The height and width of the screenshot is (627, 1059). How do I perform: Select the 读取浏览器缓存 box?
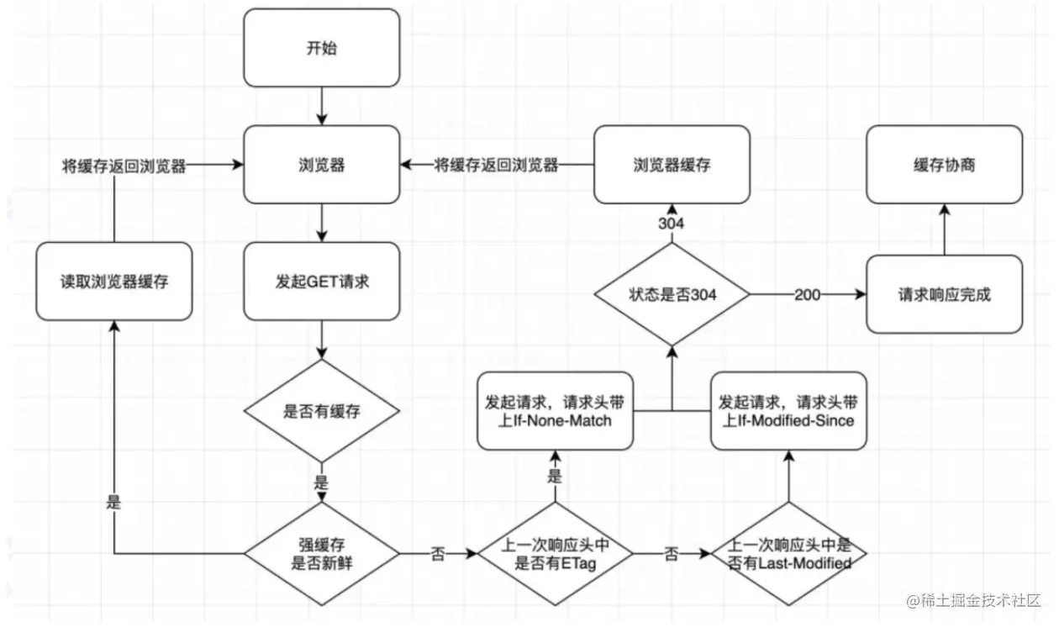(113, 282)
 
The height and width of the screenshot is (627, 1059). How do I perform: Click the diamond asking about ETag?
(555, 554)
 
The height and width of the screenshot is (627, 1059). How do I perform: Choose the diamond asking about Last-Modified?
(788, 554)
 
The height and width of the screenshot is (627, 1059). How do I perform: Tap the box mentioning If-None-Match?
(555, 410)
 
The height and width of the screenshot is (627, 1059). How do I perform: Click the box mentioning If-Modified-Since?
(788, 410)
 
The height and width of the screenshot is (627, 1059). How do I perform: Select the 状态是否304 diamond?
(671, 294)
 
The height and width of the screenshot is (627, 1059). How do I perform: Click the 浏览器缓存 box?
(671, 165)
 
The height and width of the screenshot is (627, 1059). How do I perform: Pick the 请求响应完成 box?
(945, 294)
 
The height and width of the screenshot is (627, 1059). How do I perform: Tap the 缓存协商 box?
(945, 165)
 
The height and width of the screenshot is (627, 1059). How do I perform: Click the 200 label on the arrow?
(806, 295)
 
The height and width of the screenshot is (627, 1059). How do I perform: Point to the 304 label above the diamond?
(671, 224)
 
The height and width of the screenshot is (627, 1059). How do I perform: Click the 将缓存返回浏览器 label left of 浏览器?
(124, 166)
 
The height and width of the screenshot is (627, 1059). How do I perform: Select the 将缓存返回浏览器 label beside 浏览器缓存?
(496, 166)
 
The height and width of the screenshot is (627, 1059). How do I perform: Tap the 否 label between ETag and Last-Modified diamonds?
(671, 555)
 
